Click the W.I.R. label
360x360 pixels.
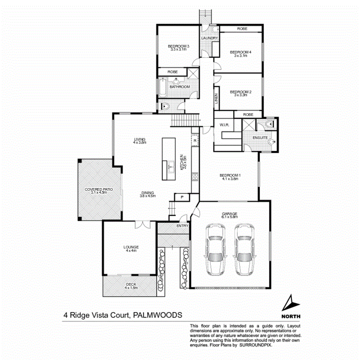point(224,125)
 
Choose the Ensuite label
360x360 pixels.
point(260,138)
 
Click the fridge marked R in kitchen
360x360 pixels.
point(195,141)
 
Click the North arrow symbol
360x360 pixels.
point(291,303)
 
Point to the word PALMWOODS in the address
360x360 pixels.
point(158,315)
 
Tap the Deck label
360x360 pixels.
point(131,285)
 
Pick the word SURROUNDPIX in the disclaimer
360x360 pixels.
point(256,344)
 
